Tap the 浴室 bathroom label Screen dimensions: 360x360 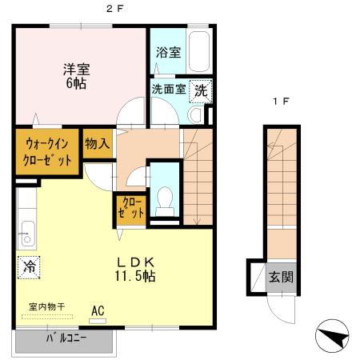point(168,52)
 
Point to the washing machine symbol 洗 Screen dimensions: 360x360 point(202,90)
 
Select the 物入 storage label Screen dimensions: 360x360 point(98,143)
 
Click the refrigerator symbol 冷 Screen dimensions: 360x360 point(30,265)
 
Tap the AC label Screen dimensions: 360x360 point(98,310)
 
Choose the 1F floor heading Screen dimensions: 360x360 point(280,102)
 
